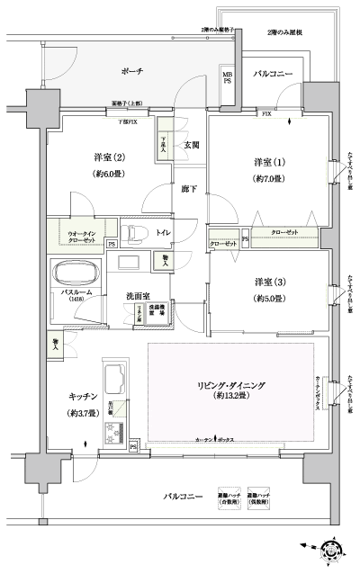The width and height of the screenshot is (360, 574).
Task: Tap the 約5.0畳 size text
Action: tap(267, 298)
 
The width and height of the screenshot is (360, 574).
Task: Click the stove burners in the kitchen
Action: tap(115, 438)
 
